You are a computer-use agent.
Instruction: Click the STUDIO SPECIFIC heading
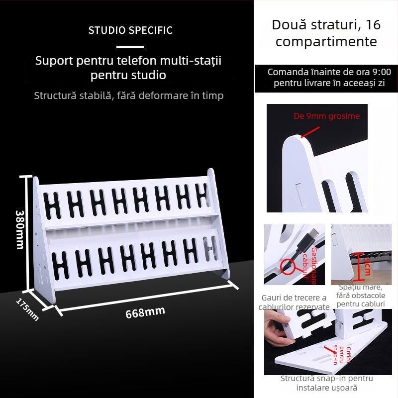coord(130,30)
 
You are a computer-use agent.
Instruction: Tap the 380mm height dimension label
coord(20,229)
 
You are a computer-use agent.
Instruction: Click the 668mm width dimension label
coord(145,313)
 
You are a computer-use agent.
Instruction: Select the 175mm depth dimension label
coord(28,309)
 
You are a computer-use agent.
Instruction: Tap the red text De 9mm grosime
coord(326,116)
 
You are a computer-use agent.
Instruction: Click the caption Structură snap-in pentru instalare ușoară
coord(327,383)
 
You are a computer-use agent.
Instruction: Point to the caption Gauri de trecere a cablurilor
coord(294,302)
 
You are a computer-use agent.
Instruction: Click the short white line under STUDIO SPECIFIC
coord(130,46)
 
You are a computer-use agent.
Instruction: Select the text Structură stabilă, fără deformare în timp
coord(129,96)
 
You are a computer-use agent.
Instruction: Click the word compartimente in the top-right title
coord(326,41)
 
